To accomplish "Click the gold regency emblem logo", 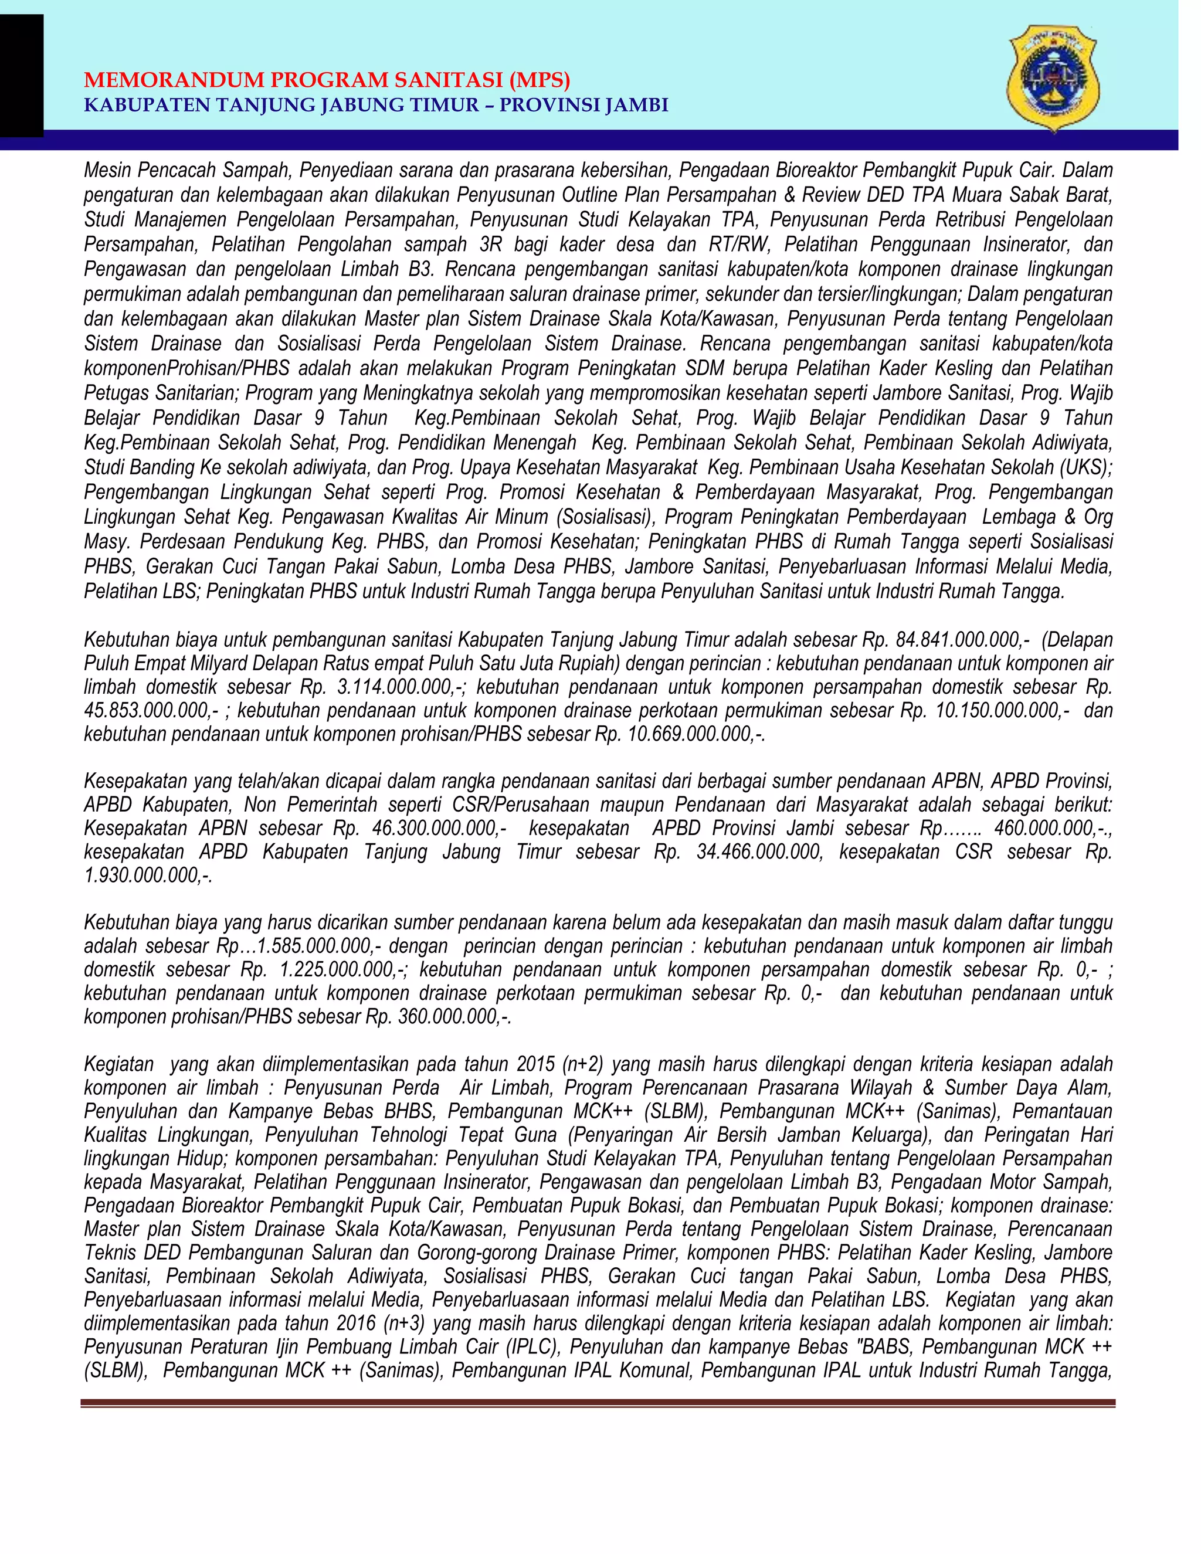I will (x=1053, y=78).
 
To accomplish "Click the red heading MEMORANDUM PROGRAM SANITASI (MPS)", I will (x=327, y=80).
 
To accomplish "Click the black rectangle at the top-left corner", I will (x=21, y=74).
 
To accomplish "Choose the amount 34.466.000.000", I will (x=758, y=853).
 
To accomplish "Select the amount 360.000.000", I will (x=448, y=1017).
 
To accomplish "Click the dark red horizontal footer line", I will (x=598, y=1403).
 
